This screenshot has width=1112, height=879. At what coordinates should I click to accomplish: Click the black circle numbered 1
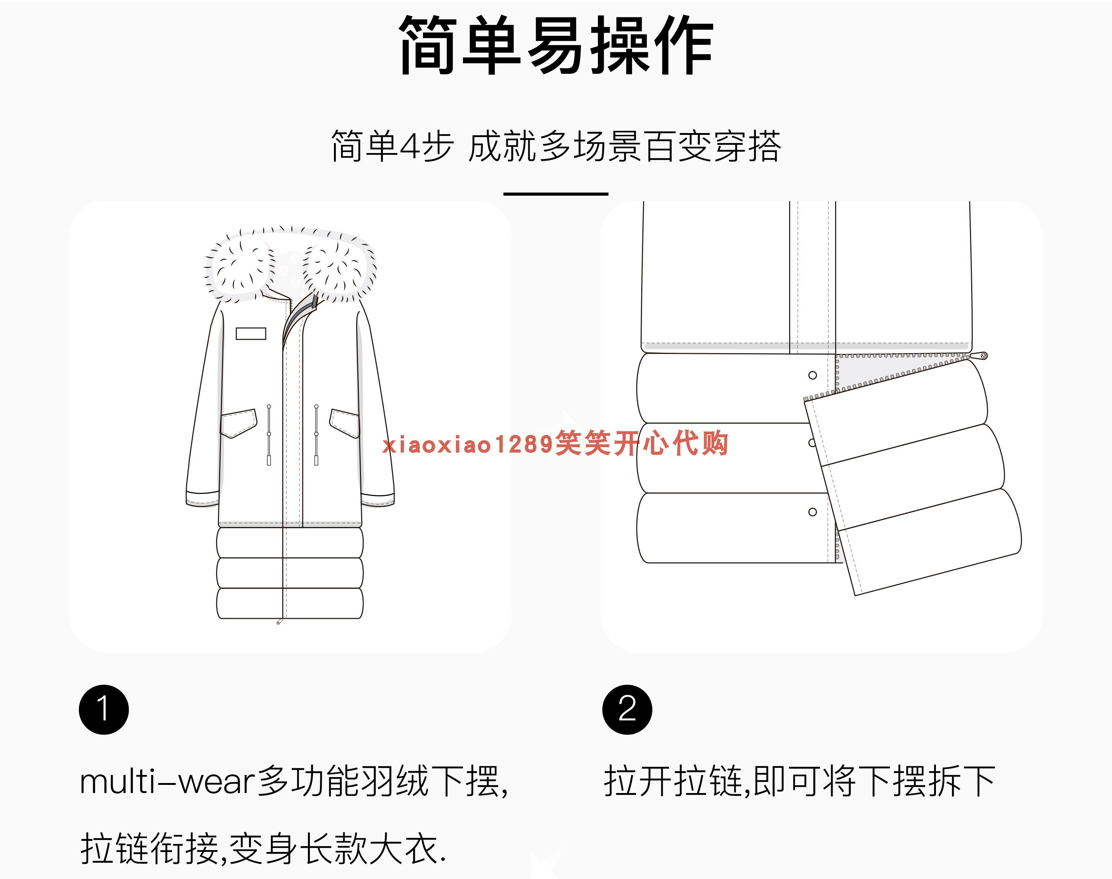pyautogui.click(x=103, y=709)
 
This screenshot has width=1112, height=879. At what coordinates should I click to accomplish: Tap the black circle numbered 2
pyautogui.click(x=627, y=709)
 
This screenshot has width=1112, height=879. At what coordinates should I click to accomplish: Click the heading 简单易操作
pyautogui.click(x=556, y=45)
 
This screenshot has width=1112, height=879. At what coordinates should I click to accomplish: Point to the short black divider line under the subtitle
pyautogui.click(x=556, y=194)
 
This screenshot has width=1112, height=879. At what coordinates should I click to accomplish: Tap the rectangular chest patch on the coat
pyautogui.click(x=251, y=334)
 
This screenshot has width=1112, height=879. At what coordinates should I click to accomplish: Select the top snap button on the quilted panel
pyautogui.click(x=813, y=375)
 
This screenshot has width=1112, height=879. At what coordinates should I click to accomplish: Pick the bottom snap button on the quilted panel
pyautogui.click(x=813, y=512)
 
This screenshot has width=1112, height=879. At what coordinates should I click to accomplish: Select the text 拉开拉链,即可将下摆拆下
pyautogui.click(x=799, y=781)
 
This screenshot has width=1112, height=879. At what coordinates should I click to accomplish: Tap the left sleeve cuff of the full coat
pyautogui.click(x=202, y=499)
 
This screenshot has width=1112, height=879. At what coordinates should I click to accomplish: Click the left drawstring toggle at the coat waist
pyautogui.click(x=269, y=435)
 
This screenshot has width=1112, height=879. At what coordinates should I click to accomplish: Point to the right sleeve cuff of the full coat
pyautogui.click(x=378, y=499)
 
